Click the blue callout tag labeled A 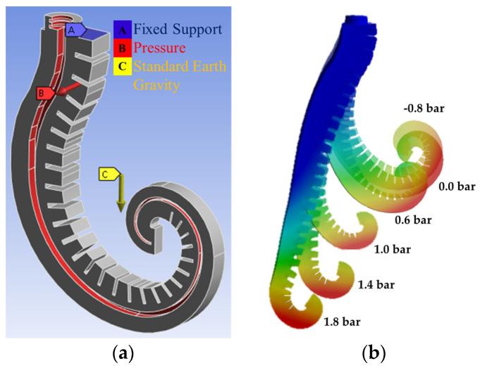pyautogui.click(x=74, y=30)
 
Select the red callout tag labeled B pyautogui.click(x=44, y=93)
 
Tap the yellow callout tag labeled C pyautogui.click(x=108, y=173)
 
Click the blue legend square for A pyautogui.click(x=121, y=30)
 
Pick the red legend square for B pyautogui.click(x=121, y=49)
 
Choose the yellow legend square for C pyautogui.click(x=121, y=68)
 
